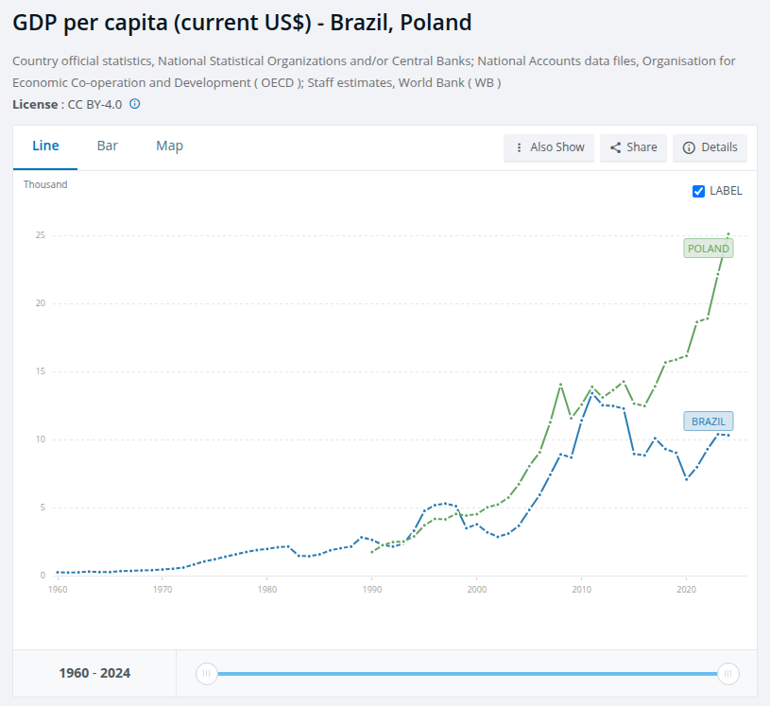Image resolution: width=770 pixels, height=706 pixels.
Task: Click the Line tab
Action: [45, 146]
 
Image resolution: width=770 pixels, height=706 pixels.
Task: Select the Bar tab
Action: [107, 146]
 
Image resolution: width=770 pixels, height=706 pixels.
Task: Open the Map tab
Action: [169, 146]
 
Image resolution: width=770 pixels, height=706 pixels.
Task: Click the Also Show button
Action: [549, 147]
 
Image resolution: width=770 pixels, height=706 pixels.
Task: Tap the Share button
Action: [633, 147]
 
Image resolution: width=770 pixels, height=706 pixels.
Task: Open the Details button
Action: [710, 147]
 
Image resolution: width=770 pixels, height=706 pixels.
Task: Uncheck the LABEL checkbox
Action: [699, 191]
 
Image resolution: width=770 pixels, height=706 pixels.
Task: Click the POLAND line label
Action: [709, 249]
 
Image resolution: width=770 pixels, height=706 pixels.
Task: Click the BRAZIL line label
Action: [708, 422]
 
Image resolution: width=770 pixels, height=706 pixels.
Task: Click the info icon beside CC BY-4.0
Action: [134, 104]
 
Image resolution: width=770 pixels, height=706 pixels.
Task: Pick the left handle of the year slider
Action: [206, 674]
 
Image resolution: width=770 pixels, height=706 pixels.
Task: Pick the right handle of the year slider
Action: [727, 674]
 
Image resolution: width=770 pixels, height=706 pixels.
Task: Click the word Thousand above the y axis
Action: [45, 185]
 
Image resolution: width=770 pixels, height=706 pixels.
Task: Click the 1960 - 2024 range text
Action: [94, 674]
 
